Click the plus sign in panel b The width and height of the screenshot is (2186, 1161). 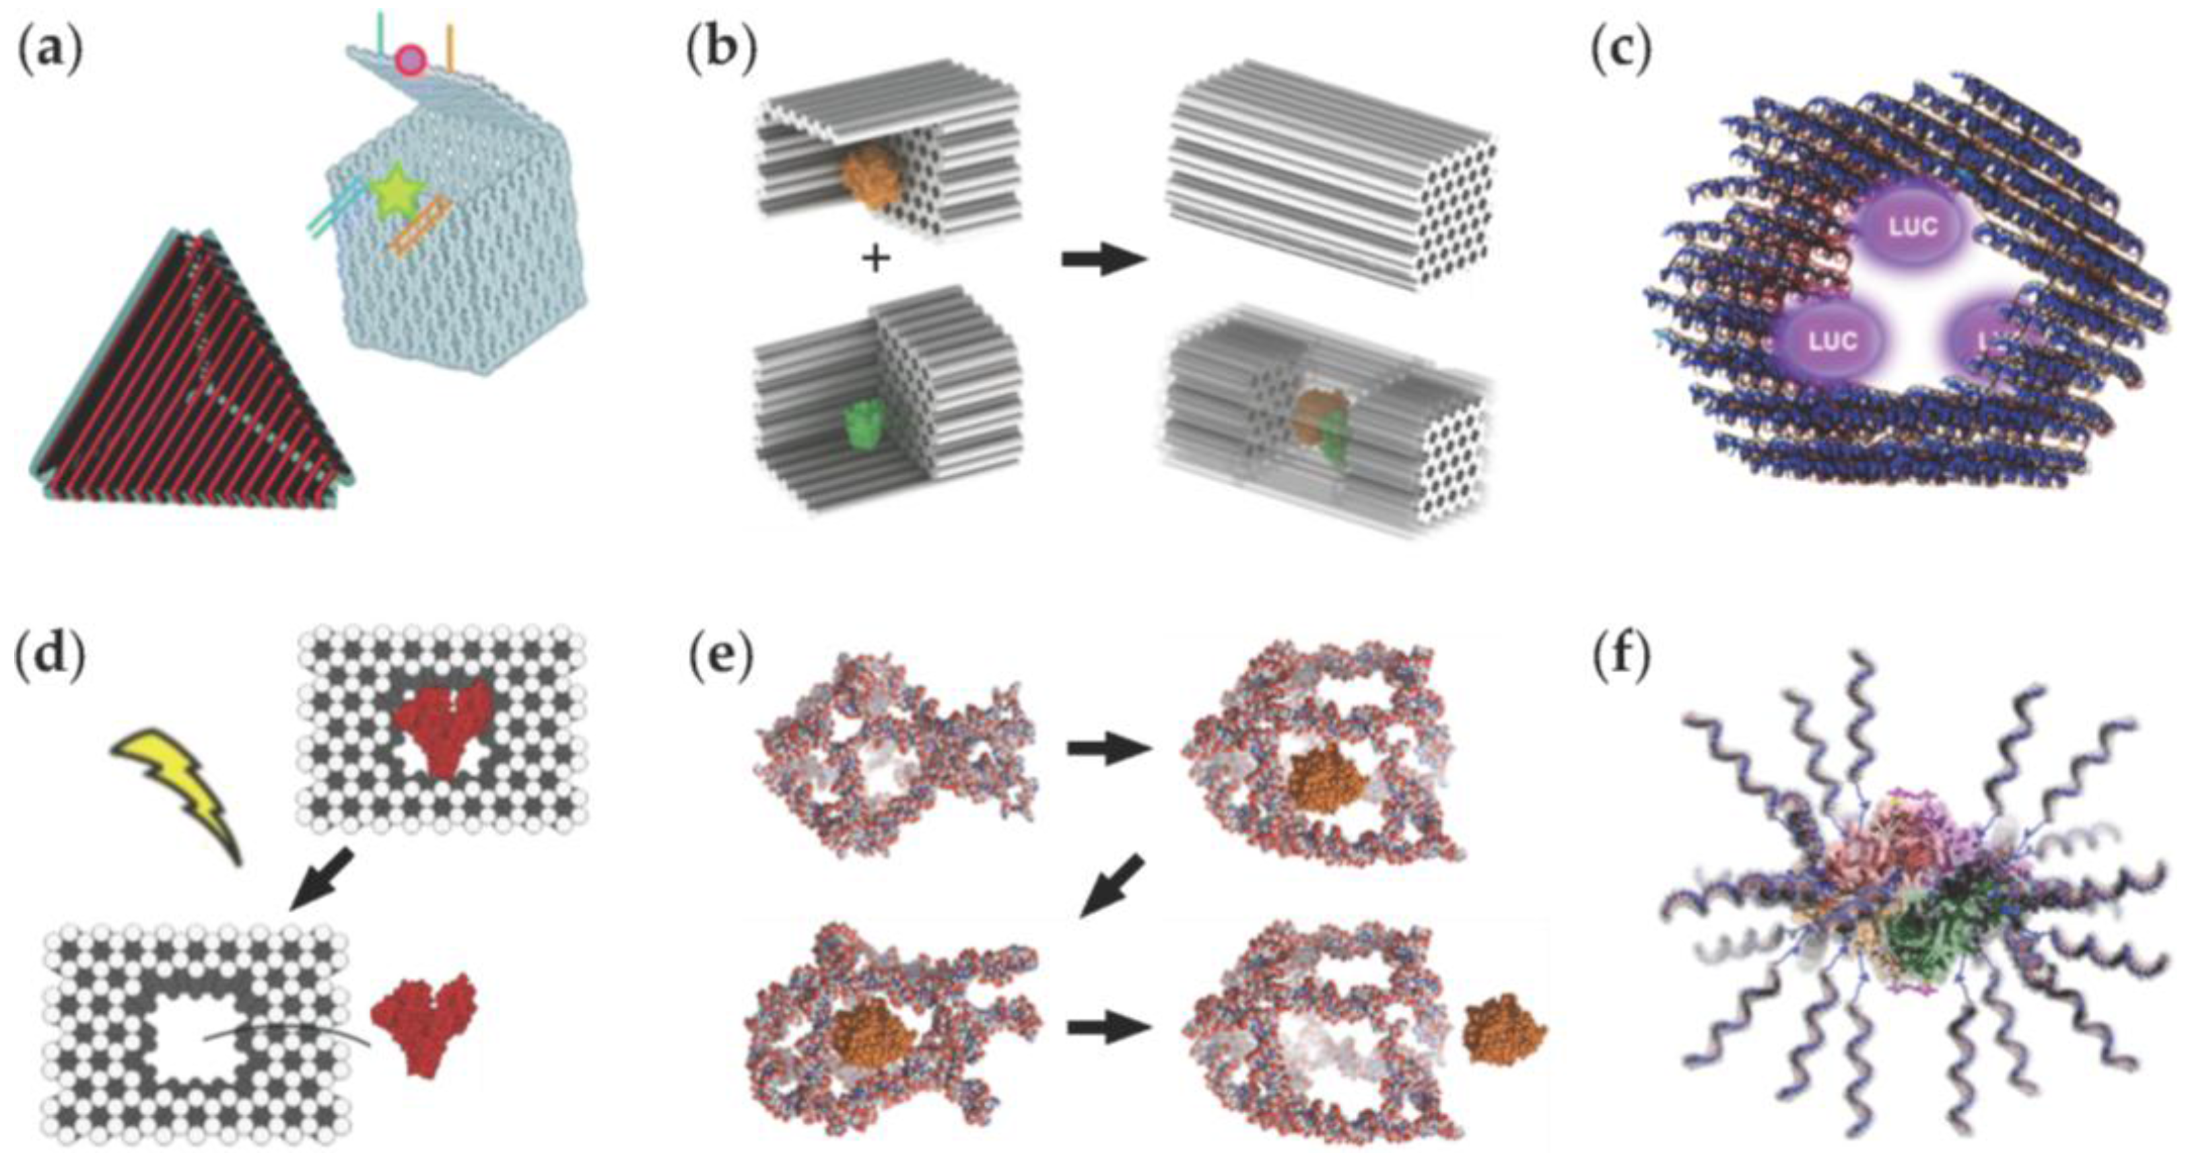coord(875,259)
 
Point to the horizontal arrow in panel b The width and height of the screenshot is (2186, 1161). coord(1102,261)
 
